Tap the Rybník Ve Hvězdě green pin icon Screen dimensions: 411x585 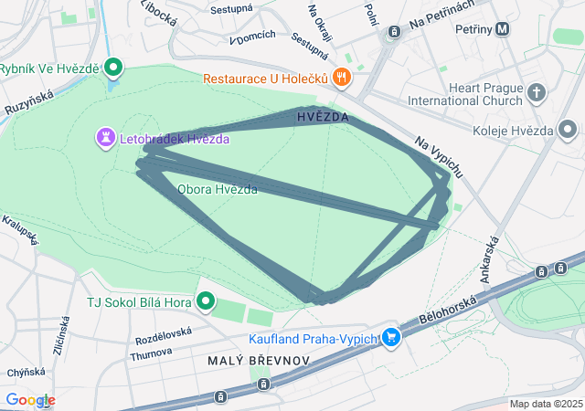[x=113, y=67]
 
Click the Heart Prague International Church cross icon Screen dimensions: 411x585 [x=536, y=91]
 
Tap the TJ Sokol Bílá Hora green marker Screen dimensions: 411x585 [x=206, y=300]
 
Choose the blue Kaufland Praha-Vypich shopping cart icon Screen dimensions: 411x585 [x=391, y=338]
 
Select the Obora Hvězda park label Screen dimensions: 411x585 [x=217, y=189]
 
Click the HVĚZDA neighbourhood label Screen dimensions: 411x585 [x=323, y=118]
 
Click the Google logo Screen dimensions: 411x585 [x=29, y=400]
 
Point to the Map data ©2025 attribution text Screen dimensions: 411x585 [x=546, y=404]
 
